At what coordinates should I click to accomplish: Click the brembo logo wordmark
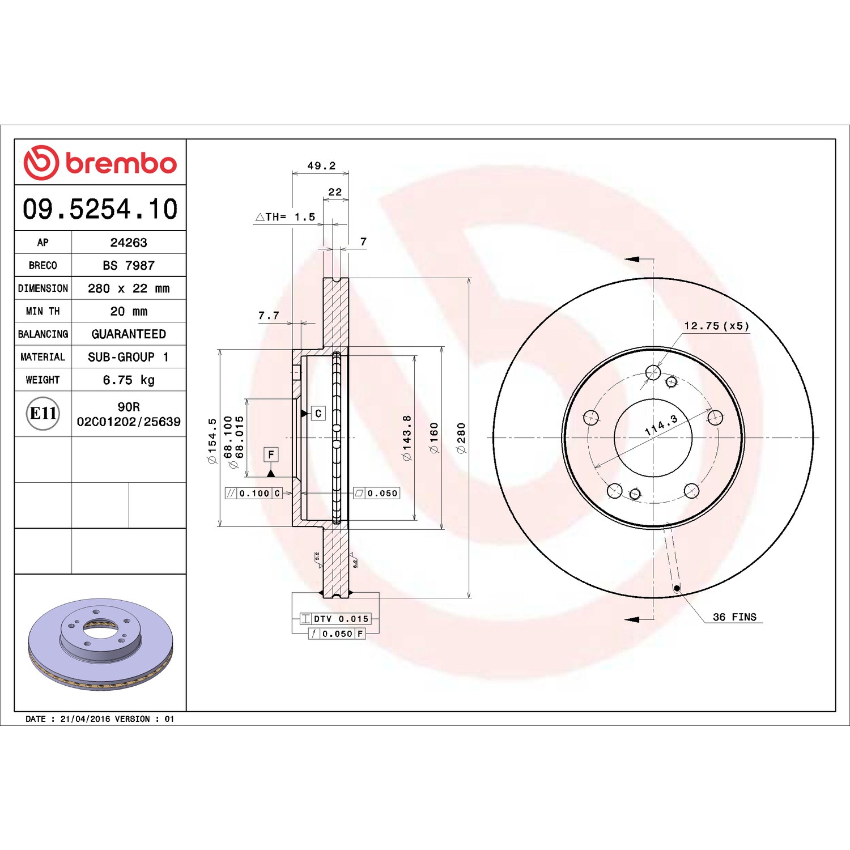click(x=121, y=163)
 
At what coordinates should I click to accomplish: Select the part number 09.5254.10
click(x=100, y=209)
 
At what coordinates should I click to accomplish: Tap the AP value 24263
click(x=129, y=243)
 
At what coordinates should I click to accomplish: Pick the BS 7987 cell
click(x=129, y=265)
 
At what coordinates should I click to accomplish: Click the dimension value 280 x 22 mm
click(x=129, y=288)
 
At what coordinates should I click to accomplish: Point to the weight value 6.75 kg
click(x=129, y=380)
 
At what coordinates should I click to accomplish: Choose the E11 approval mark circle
click(x=43, y=413)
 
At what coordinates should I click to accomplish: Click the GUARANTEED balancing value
click(x=129, y=334)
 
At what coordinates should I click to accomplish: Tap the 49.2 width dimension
click(x=321, y=165)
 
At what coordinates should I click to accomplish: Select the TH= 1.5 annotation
click(x=285, y=217)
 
